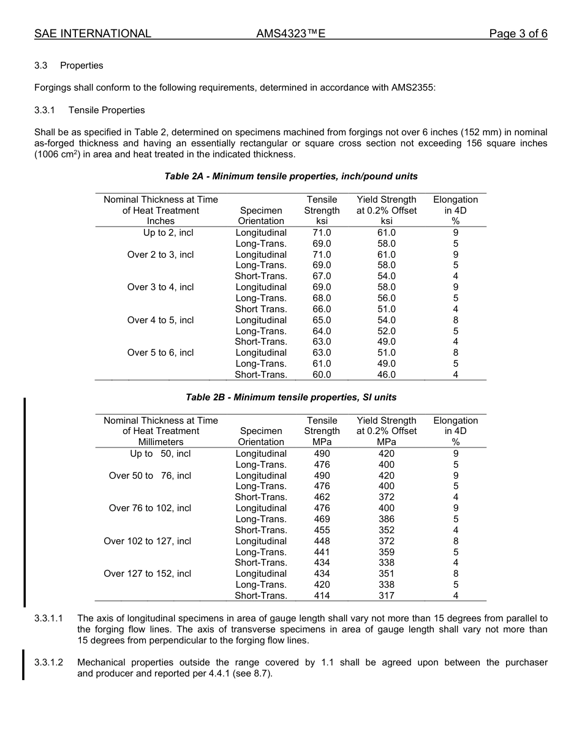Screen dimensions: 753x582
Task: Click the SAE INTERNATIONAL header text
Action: (93, 34)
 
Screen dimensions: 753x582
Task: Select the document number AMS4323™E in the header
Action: (290, 34)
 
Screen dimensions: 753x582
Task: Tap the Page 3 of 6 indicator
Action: (518, 34)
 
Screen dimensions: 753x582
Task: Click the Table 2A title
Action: (291, 176)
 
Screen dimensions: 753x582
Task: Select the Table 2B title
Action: (291, 397)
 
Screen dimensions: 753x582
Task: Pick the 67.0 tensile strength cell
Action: (322, 276)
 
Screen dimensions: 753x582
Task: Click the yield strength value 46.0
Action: (386, 375)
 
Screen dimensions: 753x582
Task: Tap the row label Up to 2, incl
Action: (168, 233)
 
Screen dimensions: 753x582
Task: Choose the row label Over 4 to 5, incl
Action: (161, 320)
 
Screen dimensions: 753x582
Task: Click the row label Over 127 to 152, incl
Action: (147, 574)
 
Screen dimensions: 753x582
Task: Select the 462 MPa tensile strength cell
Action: (322, 497)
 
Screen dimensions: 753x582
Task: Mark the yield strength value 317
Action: (386, 596)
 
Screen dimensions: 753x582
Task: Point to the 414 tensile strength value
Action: (322, 596)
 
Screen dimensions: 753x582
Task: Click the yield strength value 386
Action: (386, 519)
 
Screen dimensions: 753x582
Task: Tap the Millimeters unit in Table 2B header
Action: (161, 442)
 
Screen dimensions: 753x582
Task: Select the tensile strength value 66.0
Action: (322, 309)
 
